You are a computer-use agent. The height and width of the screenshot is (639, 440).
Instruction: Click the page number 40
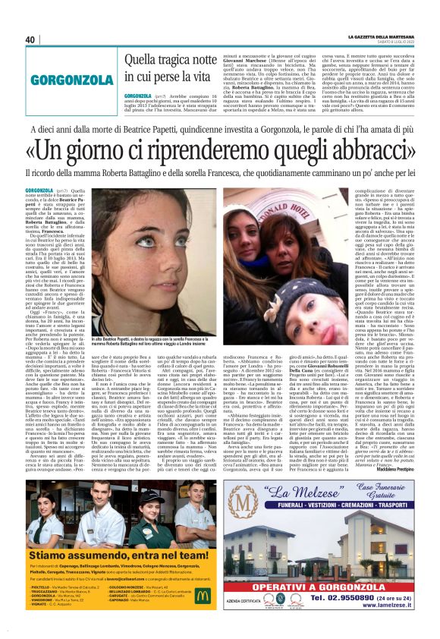point(30,39)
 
